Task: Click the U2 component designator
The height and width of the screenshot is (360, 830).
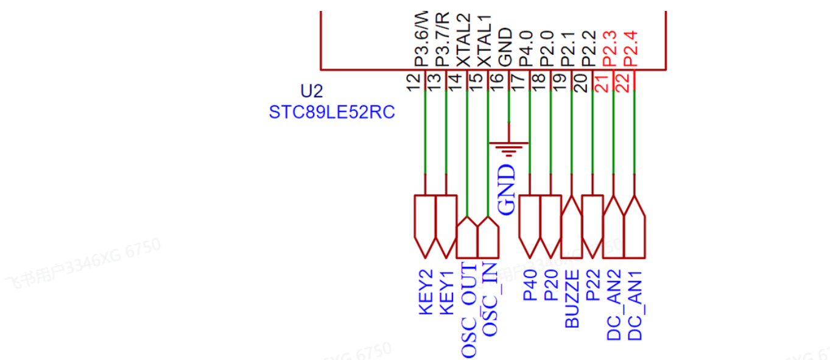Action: tap(312, 91)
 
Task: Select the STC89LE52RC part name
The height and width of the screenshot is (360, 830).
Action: tap(331, 112)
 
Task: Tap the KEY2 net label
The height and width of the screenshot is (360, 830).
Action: tap(426, 292)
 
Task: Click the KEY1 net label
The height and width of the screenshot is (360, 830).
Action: tap(446, 292)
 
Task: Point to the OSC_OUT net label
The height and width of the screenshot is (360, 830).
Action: tap(468, 310)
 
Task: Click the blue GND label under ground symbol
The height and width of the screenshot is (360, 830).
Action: tap(507, 189)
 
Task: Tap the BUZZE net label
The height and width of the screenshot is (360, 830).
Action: tap(572, 300)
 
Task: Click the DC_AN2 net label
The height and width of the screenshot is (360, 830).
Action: tap(614, 305)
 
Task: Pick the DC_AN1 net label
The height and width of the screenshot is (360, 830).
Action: tap(635, 305)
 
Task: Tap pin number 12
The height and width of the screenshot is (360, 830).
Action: tap(414, 81)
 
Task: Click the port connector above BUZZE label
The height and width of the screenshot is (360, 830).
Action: tap(572, 227)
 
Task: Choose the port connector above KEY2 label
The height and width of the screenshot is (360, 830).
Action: tap(425, 225)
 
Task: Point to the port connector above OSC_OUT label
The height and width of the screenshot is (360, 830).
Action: tap(467, 237)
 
